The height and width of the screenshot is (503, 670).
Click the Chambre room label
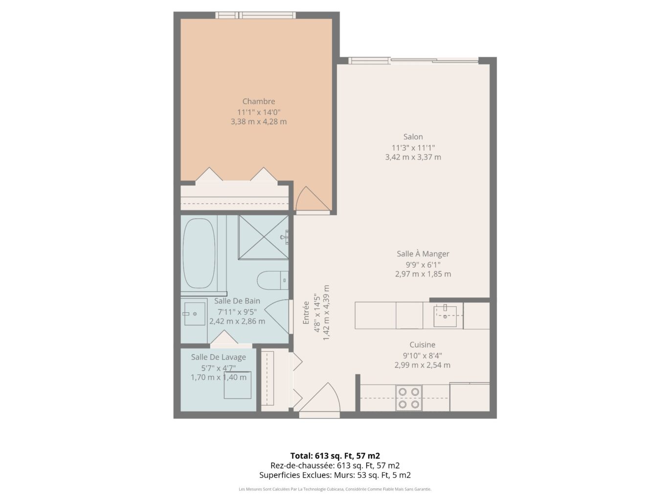coord(259,101)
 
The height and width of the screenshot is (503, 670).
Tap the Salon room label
coord(413,137)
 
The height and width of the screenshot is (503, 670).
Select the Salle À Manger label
coord(423,253)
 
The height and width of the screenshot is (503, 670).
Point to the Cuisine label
coord(422,344)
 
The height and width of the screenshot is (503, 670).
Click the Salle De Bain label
coord(237,301)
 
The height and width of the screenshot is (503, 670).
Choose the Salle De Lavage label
coord(219,357)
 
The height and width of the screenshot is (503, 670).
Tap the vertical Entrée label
coord(306,313)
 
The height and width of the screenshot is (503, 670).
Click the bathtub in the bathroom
coord(199,253)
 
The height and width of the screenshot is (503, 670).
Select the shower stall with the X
coord(264,237)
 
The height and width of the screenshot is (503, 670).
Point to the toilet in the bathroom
coord(272,280)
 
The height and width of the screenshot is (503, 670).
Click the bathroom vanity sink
coord(195,314)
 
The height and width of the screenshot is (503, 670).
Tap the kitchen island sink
coord(445,316)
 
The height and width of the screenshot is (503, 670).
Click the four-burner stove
coord(409,398)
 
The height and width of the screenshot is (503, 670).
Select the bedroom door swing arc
coord(313,199)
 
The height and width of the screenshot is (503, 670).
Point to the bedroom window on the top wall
coord(255,15)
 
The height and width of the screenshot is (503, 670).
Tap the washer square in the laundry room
coord(238,385)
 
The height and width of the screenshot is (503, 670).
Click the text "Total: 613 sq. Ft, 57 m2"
coord(335,456)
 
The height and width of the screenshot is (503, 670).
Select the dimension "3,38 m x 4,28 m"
coord(259,121)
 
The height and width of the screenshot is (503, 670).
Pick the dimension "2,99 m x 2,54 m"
coord(422,365)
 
